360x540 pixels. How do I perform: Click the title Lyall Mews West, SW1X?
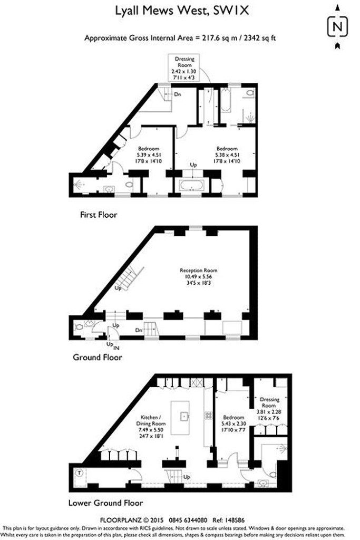click(x=181, y=12)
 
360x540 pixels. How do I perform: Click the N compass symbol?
click(x=337, y=26)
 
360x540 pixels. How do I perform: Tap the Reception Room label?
click(x=199, y=276)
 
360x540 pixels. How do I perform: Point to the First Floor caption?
click(x=99, y=215)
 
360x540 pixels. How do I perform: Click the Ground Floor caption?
click(x=98, y=357)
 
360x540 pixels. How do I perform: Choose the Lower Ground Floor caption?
click(x=105, y=503)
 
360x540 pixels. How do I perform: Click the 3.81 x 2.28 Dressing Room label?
click(x=269, y=409)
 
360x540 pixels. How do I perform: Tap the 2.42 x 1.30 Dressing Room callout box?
click(x=184, y=68)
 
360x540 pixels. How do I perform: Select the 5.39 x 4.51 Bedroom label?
click(x=149, y=155)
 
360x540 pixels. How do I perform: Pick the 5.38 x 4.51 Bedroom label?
click(x=227, y=155)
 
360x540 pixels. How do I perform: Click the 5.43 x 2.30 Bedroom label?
click(x=233, y=423)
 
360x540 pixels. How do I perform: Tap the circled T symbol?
click(x=80, y=473)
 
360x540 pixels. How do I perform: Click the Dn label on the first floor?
click(x=178, y=94)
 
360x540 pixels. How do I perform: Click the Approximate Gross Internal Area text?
click(x=180, y=38)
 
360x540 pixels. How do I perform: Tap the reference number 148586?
click(x=235, y=519)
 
